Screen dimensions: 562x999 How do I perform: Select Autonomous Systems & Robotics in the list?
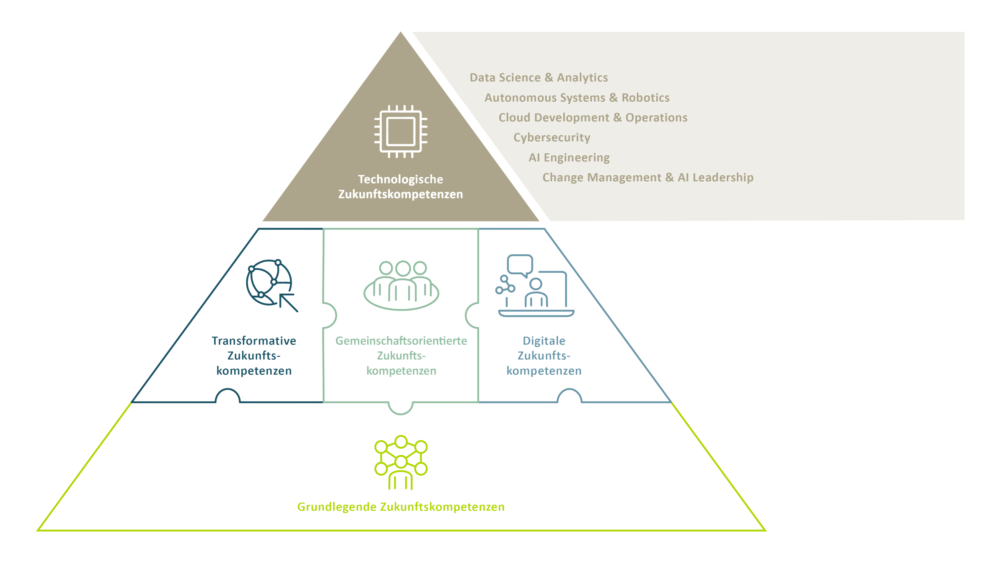point(577,98)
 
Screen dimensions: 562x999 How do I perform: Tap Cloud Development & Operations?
point(593,117)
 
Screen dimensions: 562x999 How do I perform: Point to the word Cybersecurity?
point(551,138)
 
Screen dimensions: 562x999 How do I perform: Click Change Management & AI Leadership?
point(648,178)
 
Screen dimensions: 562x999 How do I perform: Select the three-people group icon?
point(401,285)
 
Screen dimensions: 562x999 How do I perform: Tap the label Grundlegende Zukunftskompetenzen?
point(401,507)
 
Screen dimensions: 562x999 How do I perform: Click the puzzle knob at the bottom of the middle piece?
point(401,408)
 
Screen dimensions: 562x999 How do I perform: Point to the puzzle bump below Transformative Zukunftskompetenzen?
point(228,395)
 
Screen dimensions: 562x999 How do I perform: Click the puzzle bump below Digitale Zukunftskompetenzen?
point(569,395)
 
